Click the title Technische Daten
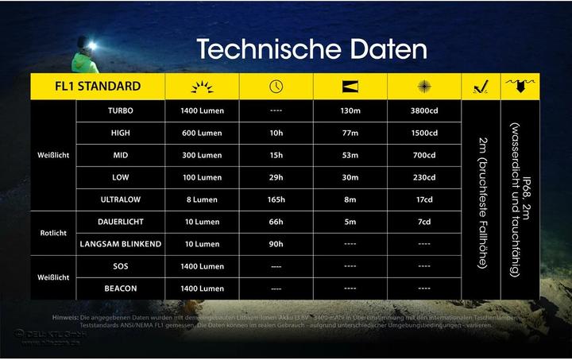[x=311, y=49]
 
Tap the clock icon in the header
[x=276, y=87]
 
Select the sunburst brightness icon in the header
[x=202, y=87]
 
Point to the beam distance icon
[x=350, y=87]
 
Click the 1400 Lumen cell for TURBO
[x=202, y=111]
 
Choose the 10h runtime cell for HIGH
[x=276, y=133]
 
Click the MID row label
[x=120, y=155]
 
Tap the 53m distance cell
[x=350, y=155]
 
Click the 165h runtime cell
[x=276, y=199]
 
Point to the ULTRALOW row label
[x=120, y=199]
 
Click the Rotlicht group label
[x=53, y=233]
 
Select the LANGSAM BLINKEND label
[x=120, y=244]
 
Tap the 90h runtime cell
[x=276, y=244]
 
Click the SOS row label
[x=120, y=266]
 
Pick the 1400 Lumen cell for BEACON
[x=202, y=288]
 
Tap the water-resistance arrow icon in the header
[x=520, y=86]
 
